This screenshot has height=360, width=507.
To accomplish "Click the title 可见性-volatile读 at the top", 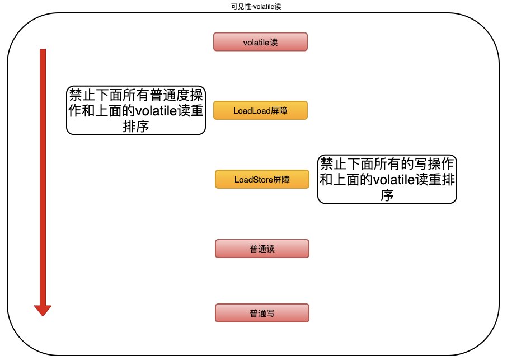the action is pos(253,6).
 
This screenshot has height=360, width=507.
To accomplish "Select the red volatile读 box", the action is pos(260,42).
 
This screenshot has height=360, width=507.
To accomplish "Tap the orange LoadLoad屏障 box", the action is pos(260,111).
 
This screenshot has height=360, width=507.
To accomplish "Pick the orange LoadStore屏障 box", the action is pos(262,180).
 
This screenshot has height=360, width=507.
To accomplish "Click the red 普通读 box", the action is pos(262,249).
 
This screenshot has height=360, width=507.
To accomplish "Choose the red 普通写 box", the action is pos(262,314).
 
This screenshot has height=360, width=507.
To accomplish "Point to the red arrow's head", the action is pos(43,310).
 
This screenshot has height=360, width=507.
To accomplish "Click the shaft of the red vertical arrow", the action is pos(43,168).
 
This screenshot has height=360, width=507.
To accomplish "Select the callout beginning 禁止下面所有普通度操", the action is pos(136,110).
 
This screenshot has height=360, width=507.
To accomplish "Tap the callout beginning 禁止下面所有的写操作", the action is pos(387,179).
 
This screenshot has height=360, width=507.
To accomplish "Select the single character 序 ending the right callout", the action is pos(387,195).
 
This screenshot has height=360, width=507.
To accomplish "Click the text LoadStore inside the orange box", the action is pos(253,180).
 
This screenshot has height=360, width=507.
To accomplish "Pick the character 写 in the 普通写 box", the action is pos(270,314).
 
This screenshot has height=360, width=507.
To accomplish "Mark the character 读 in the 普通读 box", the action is pos(270,249).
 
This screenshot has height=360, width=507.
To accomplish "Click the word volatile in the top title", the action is pos(262,6).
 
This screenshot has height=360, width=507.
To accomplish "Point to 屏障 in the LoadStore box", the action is pos(281,180).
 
